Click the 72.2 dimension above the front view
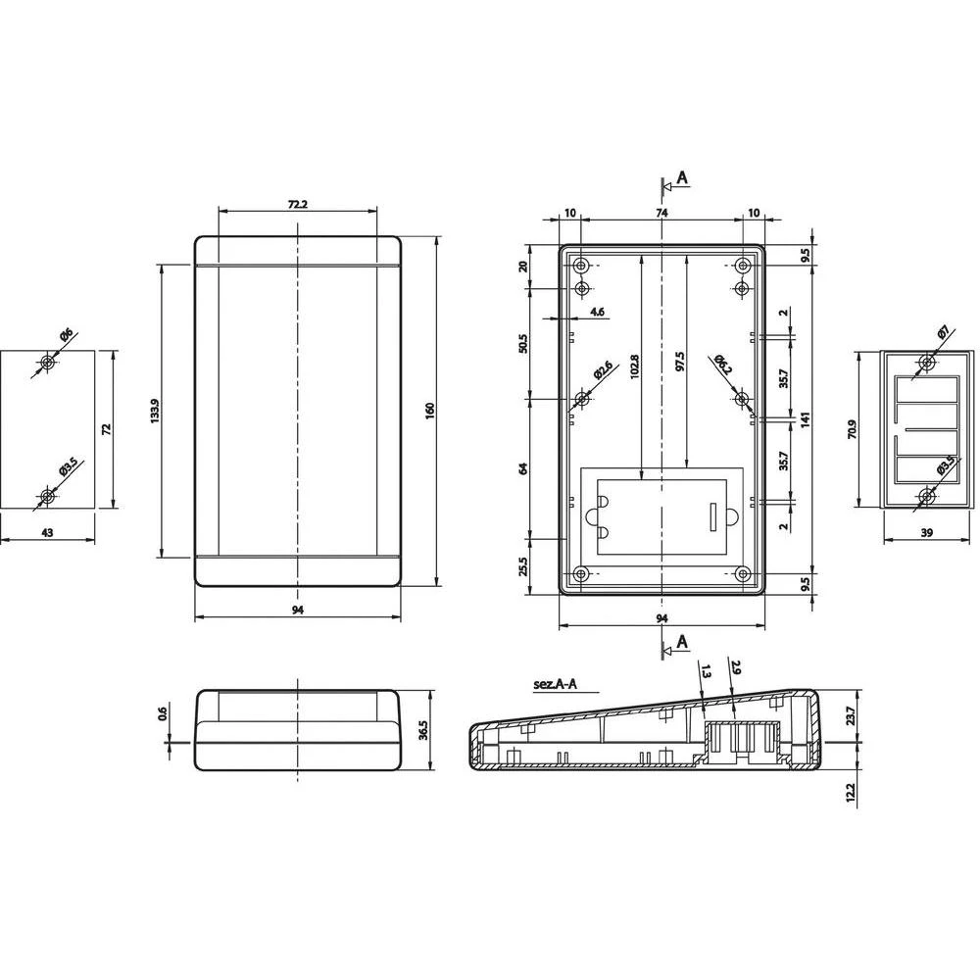(x=297, y=204)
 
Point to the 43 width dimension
(x=47, y=531)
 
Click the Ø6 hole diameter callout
(x=65, y=338)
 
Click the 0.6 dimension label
(x=163, y=716)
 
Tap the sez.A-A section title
(x=555, y=686)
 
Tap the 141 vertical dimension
(x=804, y=419)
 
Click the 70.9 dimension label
(x=853, y=428)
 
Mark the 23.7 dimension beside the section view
(x=850, y=716)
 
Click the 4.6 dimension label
(x=598, y=312)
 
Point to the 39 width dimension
(x=927, y=531)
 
